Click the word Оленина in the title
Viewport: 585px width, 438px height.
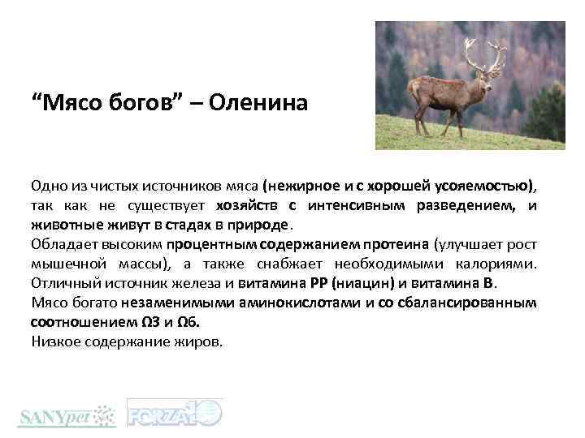(261, 104)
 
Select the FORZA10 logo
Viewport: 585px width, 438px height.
(175, 413)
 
